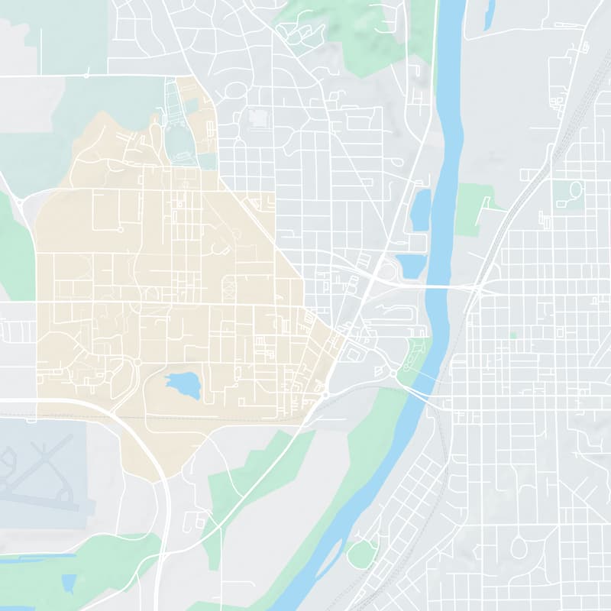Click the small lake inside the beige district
pyautogui.click(x=183, y=385)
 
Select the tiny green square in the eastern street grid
pyautogui.click(x=513, y=335)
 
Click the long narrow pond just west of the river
pyautogui.click(x=421, y=209)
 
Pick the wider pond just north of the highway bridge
pyautogui.click(x=411, y=265)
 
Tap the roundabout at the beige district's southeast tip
pyautogui.click(x=325, y=395)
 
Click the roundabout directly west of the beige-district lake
pyautogui.click(x=138, y=362)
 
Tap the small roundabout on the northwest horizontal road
pyautogui.click(x=86, y=76)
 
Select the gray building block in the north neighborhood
pyautogui.click(x=257, y=119)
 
